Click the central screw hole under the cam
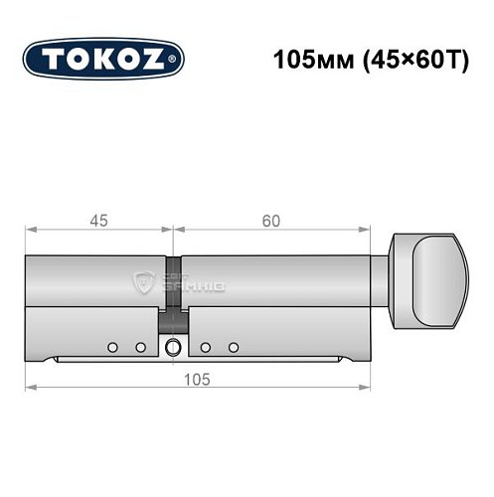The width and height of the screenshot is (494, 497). (x=173, y=347)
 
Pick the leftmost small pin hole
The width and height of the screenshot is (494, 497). (x=112, y=346)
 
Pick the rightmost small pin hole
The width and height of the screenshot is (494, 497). (x=235, y=346)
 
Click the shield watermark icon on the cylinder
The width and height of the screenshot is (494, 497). (x=146, y=281)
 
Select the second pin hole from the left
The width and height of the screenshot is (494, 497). (x=140, y=346)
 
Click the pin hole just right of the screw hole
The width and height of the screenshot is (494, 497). (x=204, y=346)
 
